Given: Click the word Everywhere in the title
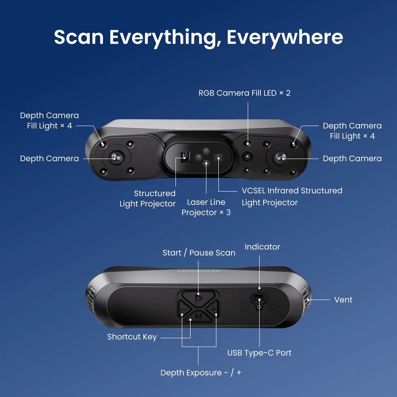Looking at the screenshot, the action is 285,37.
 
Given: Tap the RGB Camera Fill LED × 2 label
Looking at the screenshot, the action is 244,93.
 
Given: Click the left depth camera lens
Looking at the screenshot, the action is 116,158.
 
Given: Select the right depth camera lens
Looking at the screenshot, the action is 280,158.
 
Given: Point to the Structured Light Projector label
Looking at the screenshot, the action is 148,198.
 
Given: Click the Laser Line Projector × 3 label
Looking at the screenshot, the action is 206,207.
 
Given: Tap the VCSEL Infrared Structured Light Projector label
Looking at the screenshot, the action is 292,197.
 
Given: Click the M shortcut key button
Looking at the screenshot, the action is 198,316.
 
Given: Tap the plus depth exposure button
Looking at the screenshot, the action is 213,309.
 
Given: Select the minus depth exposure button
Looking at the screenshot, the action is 183,309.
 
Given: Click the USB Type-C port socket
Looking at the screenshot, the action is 259,297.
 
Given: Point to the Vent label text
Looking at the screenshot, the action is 343,300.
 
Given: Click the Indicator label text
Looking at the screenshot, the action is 262,247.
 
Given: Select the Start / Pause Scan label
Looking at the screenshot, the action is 199,252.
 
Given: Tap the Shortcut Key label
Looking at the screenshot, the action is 132,337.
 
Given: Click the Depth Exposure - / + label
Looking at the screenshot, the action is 201,373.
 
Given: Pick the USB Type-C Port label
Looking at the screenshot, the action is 259,353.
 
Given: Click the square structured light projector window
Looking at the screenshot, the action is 185,157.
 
